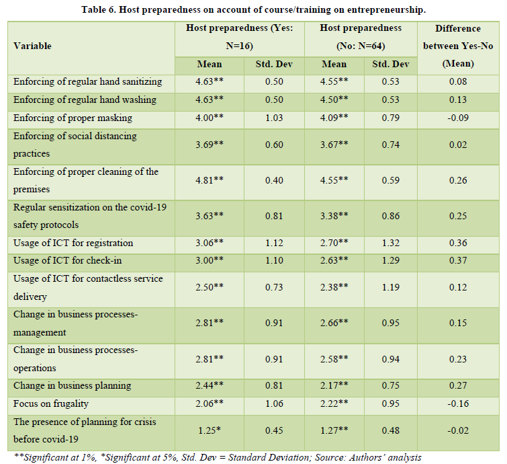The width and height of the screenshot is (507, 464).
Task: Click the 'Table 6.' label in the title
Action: pos(101,9)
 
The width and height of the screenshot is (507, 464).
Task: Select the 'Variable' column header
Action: pos(32,46)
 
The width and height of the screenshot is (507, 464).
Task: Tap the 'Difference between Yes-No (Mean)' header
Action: pos(457,46)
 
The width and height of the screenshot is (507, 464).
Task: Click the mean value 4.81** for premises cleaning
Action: pos(209,180)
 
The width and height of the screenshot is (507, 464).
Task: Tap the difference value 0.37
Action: pos(457,261)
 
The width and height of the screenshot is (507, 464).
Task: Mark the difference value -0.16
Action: pos(457,403)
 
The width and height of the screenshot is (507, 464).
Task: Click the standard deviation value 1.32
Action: pos(391,243)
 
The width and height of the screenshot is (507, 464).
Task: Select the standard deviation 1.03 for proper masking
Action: pos(274,118)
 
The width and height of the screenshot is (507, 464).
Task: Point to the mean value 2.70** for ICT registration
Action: pos(334,243)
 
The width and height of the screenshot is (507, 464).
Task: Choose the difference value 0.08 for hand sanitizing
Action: pos(457,82)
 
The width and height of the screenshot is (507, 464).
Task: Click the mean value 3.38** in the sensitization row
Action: pos(334,216)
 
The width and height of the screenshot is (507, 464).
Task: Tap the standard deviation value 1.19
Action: pos(391,288)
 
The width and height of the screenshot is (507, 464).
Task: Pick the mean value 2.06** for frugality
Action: pos(209,403)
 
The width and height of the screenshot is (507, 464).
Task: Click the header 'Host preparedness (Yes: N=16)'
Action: pos(240,38)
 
